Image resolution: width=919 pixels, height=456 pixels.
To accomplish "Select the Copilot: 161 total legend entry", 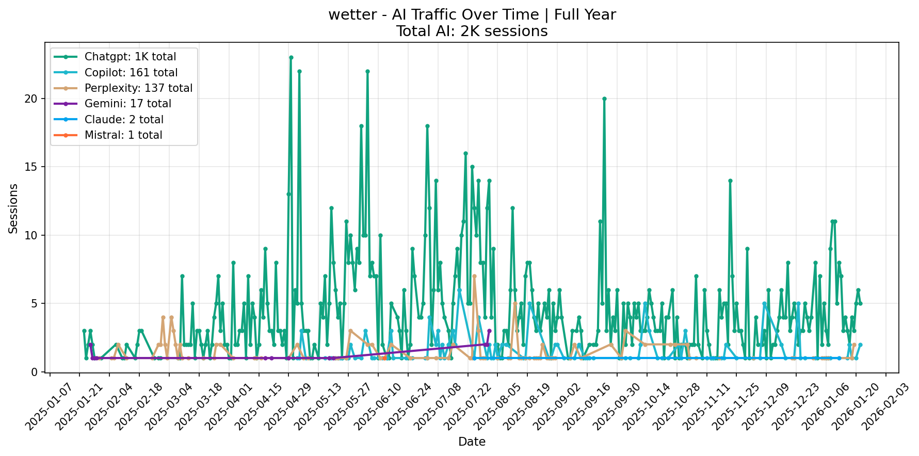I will (131, 73).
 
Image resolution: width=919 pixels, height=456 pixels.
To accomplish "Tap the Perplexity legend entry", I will (138, 88).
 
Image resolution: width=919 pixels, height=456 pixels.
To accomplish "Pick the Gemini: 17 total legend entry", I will (127, 104).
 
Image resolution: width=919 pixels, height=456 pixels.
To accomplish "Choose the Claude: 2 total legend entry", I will (124, 120).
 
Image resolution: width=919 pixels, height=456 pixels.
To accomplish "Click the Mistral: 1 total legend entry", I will (123, 135).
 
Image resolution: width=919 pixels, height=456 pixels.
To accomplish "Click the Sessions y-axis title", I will (13, 208).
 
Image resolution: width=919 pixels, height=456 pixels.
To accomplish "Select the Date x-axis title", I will (472, 442).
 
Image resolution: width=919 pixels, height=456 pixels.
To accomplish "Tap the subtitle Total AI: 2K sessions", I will (472, 31).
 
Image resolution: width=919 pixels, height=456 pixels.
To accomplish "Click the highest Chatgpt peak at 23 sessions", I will (291, 57).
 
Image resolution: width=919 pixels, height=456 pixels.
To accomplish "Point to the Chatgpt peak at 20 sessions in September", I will (604, 99).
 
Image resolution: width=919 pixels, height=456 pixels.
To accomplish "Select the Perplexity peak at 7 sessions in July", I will (474, 276).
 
